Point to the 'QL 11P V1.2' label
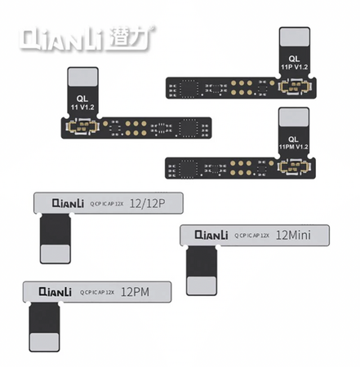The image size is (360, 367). click(294, 64)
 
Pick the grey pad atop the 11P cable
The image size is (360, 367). click(294, 38)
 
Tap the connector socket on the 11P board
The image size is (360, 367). click(294, 84)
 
